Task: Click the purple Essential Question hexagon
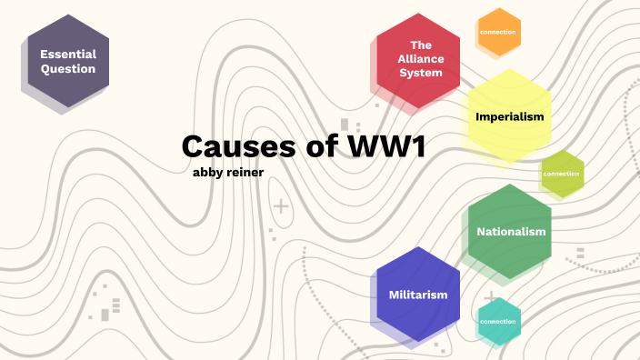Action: tap(68, 61)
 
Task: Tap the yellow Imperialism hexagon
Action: tap(509, 116)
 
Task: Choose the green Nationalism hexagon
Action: tap(510, 231)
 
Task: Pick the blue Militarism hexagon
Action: tap(418, 294)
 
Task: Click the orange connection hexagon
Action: tap(498, 32)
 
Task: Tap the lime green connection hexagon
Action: tap(562, 174)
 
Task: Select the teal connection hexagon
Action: tap(498, 321)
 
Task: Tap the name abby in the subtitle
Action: tap(208, 171)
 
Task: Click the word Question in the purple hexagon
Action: tap(68, 68)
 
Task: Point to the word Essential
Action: tap(68, 55)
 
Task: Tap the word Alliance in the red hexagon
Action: tap(420, 58)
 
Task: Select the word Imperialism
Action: tap(509, 116)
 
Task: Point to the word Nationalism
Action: tap(511, 231)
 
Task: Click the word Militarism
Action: tap(418, 294)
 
